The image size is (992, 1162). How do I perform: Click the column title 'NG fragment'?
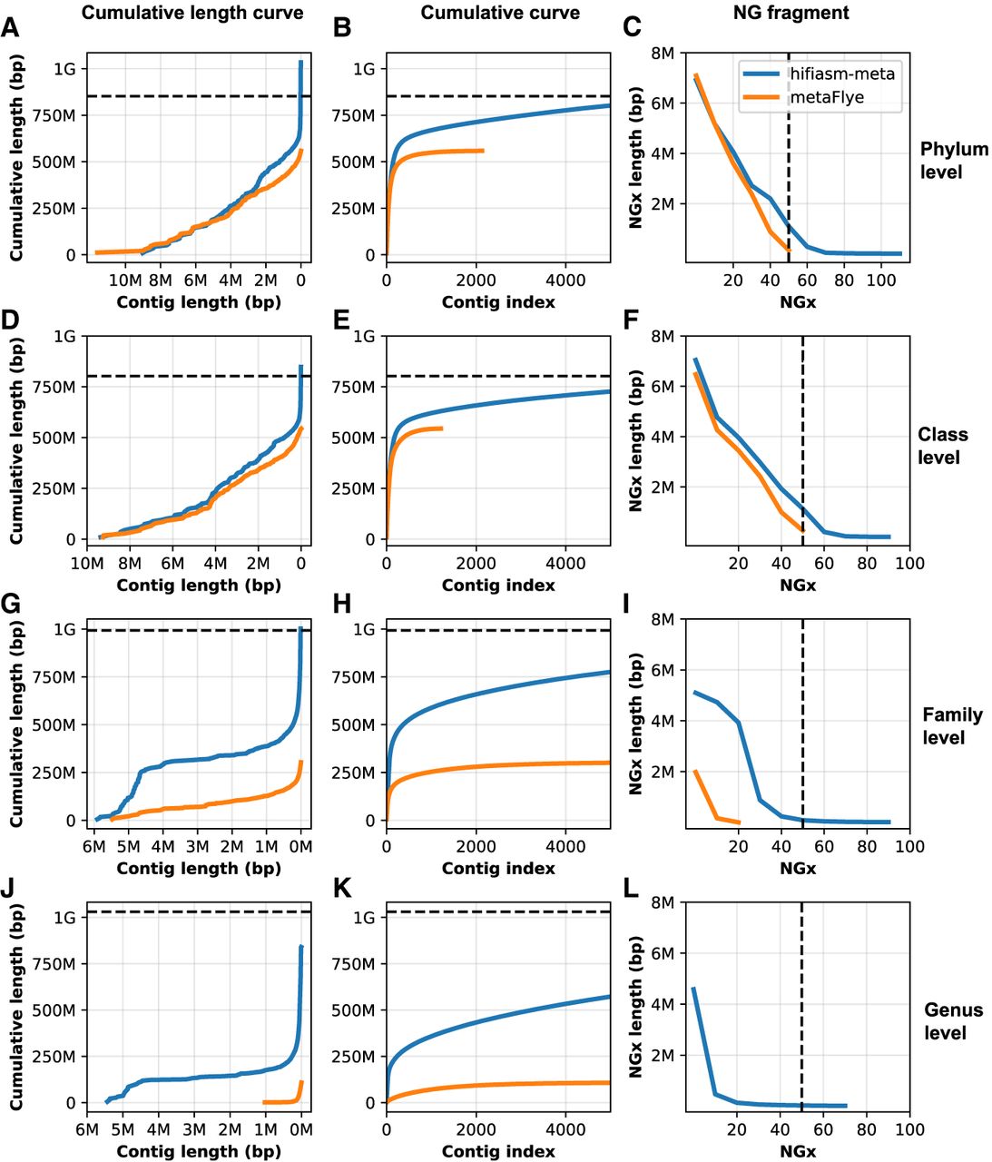click(x=791, y=13)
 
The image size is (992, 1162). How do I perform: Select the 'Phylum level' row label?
click(x=953, y=160)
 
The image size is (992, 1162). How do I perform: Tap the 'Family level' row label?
click(x=952, y=726)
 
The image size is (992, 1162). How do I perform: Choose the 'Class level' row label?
click(x=942, y=446)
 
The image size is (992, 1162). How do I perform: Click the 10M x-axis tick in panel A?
click(x=125, y=281)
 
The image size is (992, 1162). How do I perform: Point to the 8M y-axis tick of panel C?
click(x=663, y=54)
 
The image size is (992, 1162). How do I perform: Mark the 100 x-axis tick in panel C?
click(x=881, y=281)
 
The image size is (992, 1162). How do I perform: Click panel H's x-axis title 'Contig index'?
click(x=498, y=868)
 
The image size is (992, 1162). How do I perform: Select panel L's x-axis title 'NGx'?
click(x=798, y=1151)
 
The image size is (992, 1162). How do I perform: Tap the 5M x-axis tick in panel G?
click(x=128, y=847)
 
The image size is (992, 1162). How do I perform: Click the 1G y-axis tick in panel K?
click(x=364, y=918)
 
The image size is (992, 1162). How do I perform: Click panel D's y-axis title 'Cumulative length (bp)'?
click(x=17, y=438)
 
